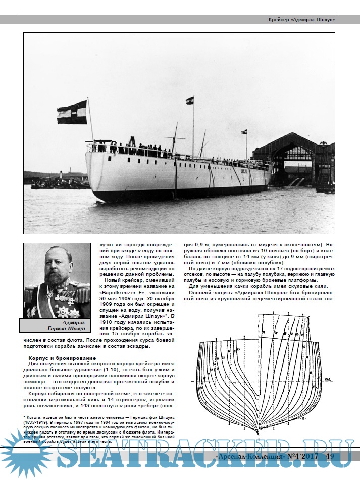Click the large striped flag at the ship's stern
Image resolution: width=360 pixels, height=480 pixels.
click(72, 112)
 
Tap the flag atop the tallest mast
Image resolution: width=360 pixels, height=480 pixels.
click(190, 100)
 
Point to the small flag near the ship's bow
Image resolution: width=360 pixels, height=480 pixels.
click(244, 132)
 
